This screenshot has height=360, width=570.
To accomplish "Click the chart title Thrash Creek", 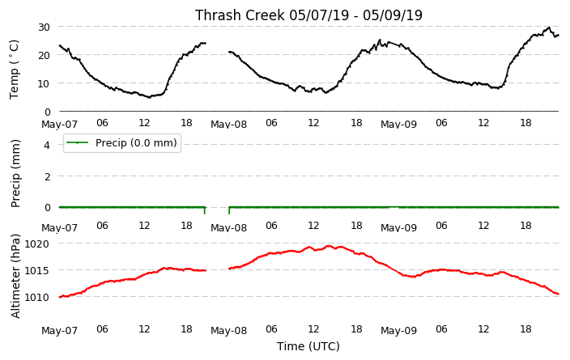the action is [240, 15].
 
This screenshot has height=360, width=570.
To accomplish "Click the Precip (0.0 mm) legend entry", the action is [122, 142].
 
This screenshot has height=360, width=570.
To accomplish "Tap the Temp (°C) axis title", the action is [15, 69].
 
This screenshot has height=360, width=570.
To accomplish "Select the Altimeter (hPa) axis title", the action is [15, 277].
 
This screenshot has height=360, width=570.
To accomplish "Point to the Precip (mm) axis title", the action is [15, 174].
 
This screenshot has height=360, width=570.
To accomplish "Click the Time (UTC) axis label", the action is [308, 346].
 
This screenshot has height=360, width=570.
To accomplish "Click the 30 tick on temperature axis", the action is [44, 27].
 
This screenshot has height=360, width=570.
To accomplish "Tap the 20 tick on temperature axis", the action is [44, 55].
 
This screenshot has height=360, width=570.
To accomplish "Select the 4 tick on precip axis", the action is [47, 146].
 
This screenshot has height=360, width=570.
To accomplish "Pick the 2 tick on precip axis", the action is [47, 176].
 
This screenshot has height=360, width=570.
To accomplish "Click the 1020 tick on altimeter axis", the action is [36, 244].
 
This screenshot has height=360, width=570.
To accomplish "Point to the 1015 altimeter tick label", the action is [36, 271].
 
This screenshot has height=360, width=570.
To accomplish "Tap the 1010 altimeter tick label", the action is [36, 298].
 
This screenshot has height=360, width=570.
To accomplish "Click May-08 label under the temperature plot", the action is [228, 125].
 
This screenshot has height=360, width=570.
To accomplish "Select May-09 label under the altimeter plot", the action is [399, 331].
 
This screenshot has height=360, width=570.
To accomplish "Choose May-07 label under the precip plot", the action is [60, 228].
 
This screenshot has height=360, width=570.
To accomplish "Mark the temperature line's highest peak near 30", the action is [549, 28].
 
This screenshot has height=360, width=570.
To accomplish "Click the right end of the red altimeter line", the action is [559, 294].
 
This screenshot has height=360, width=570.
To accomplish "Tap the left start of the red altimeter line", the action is [60, 297].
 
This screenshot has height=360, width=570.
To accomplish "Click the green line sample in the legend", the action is [78, 142].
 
